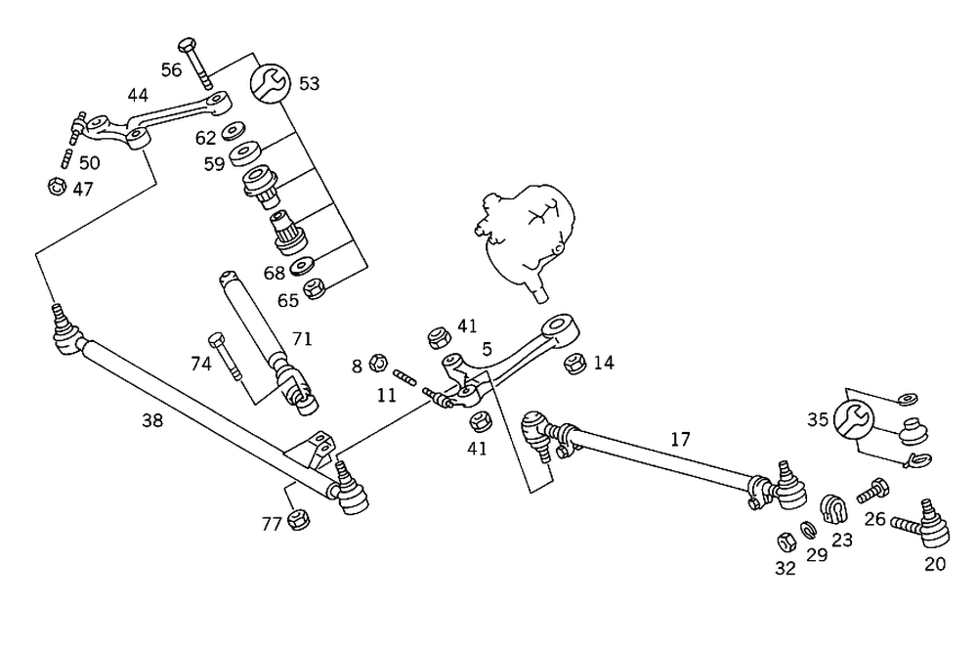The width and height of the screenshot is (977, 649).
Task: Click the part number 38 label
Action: tap(151, 421)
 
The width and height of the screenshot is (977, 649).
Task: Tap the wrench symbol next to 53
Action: tap(271, 83)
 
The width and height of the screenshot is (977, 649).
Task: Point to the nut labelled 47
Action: tap(57, 185)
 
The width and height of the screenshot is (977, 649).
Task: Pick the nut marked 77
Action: tap(300, 521)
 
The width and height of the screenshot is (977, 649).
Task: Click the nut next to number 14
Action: tap(574, 364)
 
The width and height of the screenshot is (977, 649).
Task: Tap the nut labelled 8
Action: tap(382, 366)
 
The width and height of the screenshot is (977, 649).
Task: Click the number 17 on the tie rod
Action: tap(680, 439)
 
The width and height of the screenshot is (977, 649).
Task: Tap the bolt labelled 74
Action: tap(222, 356)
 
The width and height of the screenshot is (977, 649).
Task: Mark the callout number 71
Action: tap(302, 338)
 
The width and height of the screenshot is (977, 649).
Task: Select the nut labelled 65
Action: tap(315, 288)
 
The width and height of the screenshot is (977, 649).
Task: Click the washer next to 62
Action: tap(234, 131)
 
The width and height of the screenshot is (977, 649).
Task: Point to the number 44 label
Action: tap(137, 95)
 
